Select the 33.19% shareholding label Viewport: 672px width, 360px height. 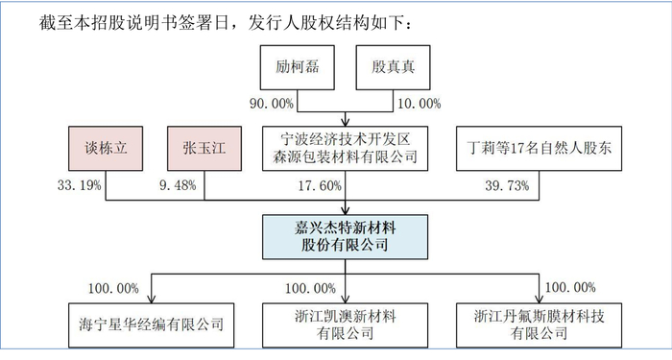coord(79,185)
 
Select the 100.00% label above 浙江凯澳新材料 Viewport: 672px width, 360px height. coord(310,287)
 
